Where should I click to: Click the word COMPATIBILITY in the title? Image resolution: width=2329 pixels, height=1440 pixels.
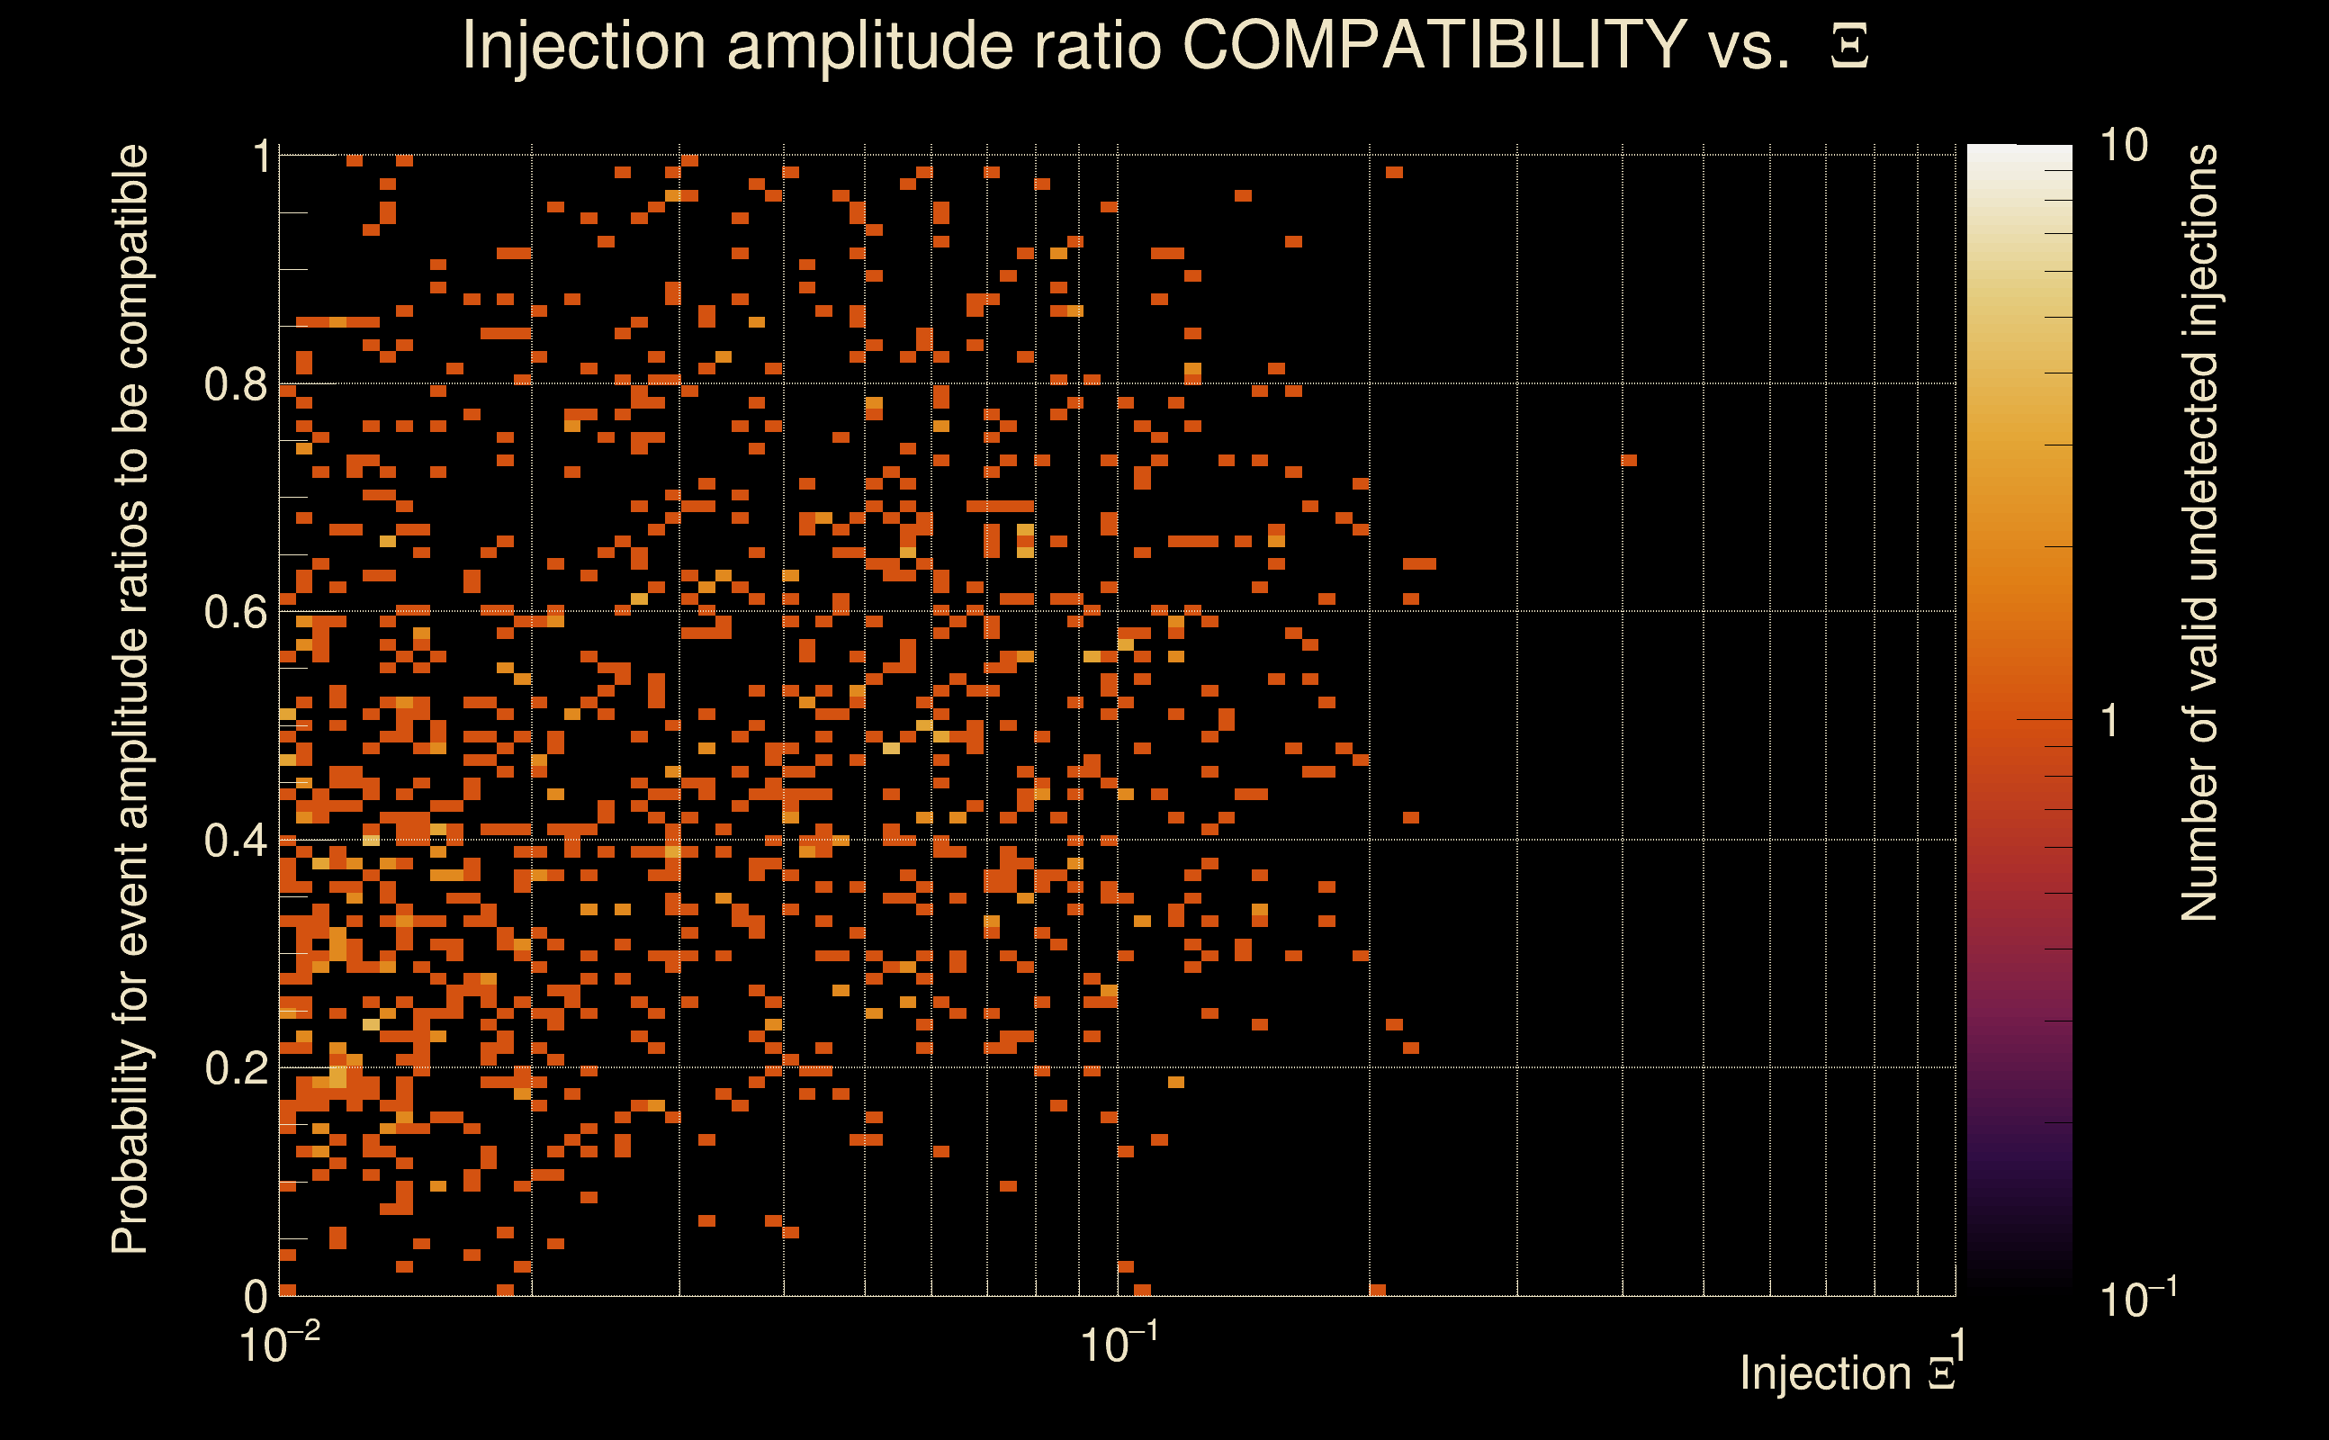(1434, 45)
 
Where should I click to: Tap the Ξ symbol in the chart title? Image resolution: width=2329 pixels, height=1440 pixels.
(1849, 47)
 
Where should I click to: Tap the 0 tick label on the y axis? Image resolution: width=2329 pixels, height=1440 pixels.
(256, 1296)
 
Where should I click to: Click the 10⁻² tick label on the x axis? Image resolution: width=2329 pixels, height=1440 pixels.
(279, 1345)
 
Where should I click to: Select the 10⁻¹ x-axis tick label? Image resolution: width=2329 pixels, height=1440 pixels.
(1118, 1345)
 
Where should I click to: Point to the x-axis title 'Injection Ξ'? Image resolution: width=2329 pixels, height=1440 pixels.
(1848, 1373)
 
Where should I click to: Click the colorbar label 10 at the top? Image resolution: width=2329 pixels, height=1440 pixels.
(2123, 147)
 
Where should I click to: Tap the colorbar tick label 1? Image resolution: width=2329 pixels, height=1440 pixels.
(2110, 721)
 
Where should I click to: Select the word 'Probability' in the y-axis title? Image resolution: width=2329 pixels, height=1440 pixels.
(130, 1148)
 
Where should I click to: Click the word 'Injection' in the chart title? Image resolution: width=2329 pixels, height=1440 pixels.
(583, 45)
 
